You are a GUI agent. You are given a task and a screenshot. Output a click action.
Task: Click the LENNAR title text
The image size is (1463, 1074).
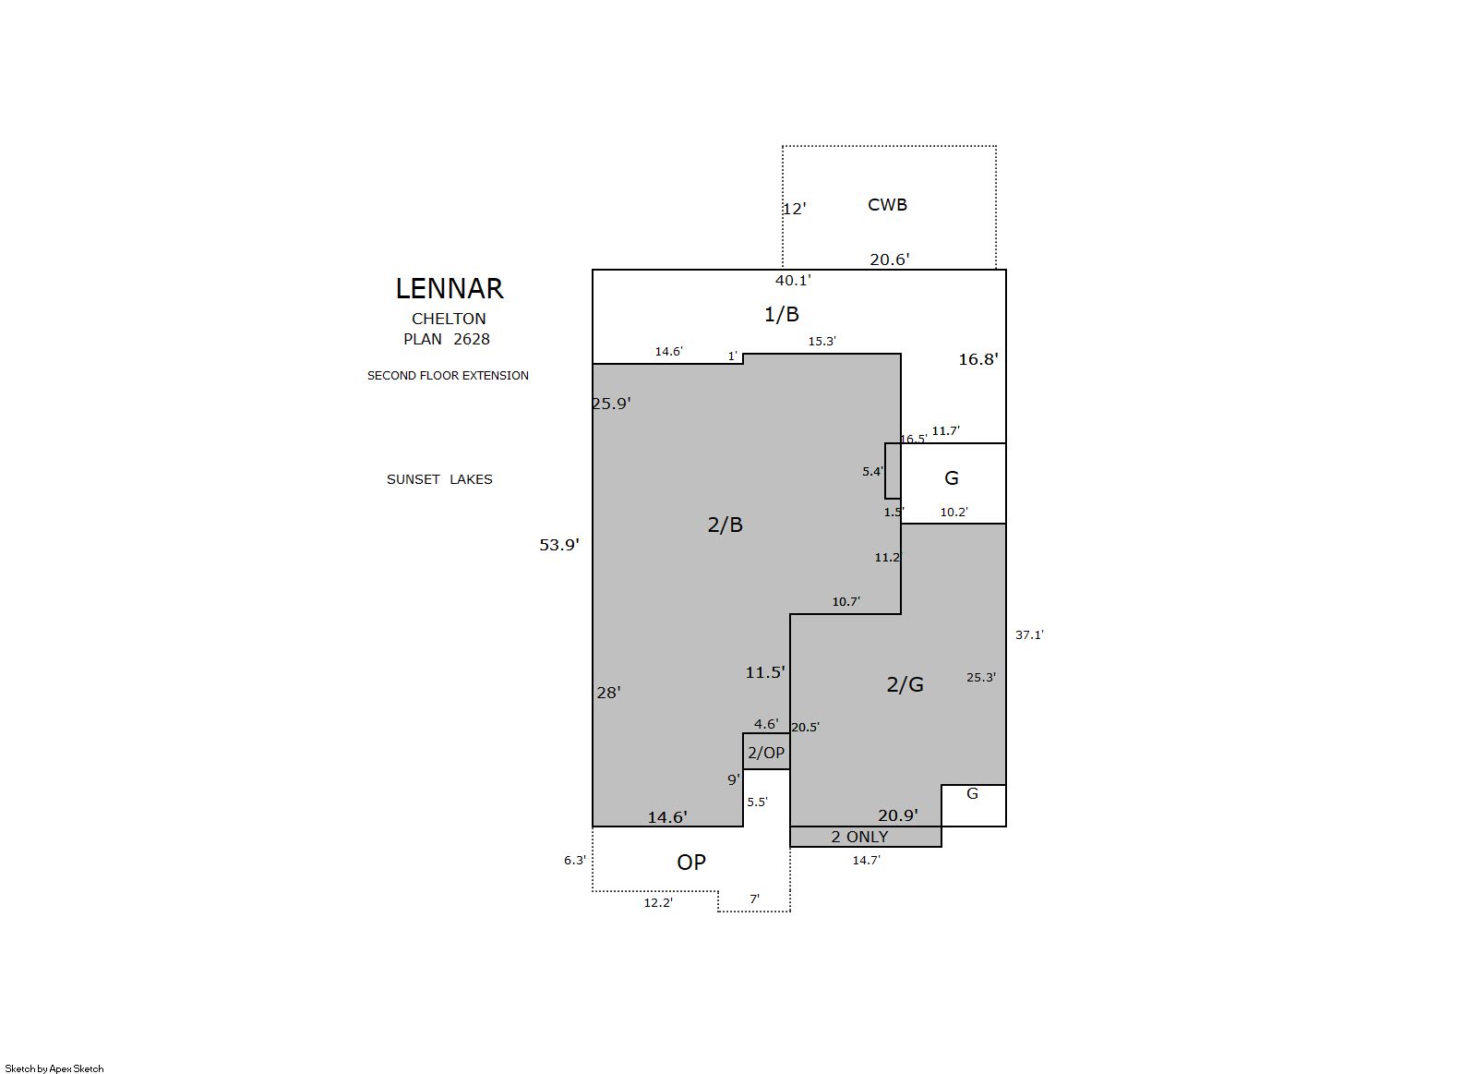450,288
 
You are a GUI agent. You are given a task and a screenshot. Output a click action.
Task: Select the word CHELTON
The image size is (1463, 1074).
449,319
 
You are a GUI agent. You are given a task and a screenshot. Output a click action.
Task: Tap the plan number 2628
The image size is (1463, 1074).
472,339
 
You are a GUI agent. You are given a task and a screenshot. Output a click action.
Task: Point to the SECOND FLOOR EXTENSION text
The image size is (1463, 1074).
448,376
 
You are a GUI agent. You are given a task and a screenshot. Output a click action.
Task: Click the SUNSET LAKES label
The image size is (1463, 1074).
439,479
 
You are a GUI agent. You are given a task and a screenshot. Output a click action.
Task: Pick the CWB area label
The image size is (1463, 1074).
887,204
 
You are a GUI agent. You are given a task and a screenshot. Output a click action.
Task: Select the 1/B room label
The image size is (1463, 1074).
781,314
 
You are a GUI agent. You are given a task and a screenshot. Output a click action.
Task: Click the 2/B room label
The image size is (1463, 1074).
725,525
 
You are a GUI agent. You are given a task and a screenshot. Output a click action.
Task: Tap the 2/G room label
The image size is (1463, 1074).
905,684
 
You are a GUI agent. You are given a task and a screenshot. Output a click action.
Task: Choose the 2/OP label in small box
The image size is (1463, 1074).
766,753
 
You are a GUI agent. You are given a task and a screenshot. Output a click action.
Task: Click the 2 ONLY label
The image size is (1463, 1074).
859,837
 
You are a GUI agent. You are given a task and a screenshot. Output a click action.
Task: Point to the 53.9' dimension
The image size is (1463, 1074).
559,545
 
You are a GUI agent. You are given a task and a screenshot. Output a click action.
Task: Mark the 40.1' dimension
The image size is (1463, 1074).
793,280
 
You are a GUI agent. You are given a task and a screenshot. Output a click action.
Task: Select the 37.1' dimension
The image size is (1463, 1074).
1029,634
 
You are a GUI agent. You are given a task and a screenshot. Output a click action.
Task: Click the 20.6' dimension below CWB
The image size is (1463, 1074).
890,259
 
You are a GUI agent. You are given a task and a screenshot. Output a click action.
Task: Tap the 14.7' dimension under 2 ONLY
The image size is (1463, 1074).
866,861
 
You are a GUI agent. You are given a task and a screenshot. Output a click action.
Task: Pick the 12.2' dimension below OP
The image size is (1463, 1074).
658,903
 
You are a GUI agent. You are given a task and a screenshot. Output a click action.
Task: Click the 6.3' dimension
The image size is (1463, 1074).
575,861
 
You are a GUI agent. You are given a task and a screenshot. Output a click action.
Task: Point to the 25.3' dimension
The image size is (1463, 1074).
981,678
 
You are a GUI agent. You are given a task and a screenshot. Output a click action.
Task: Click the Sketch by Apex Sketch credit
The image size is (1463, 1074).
54,1068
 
